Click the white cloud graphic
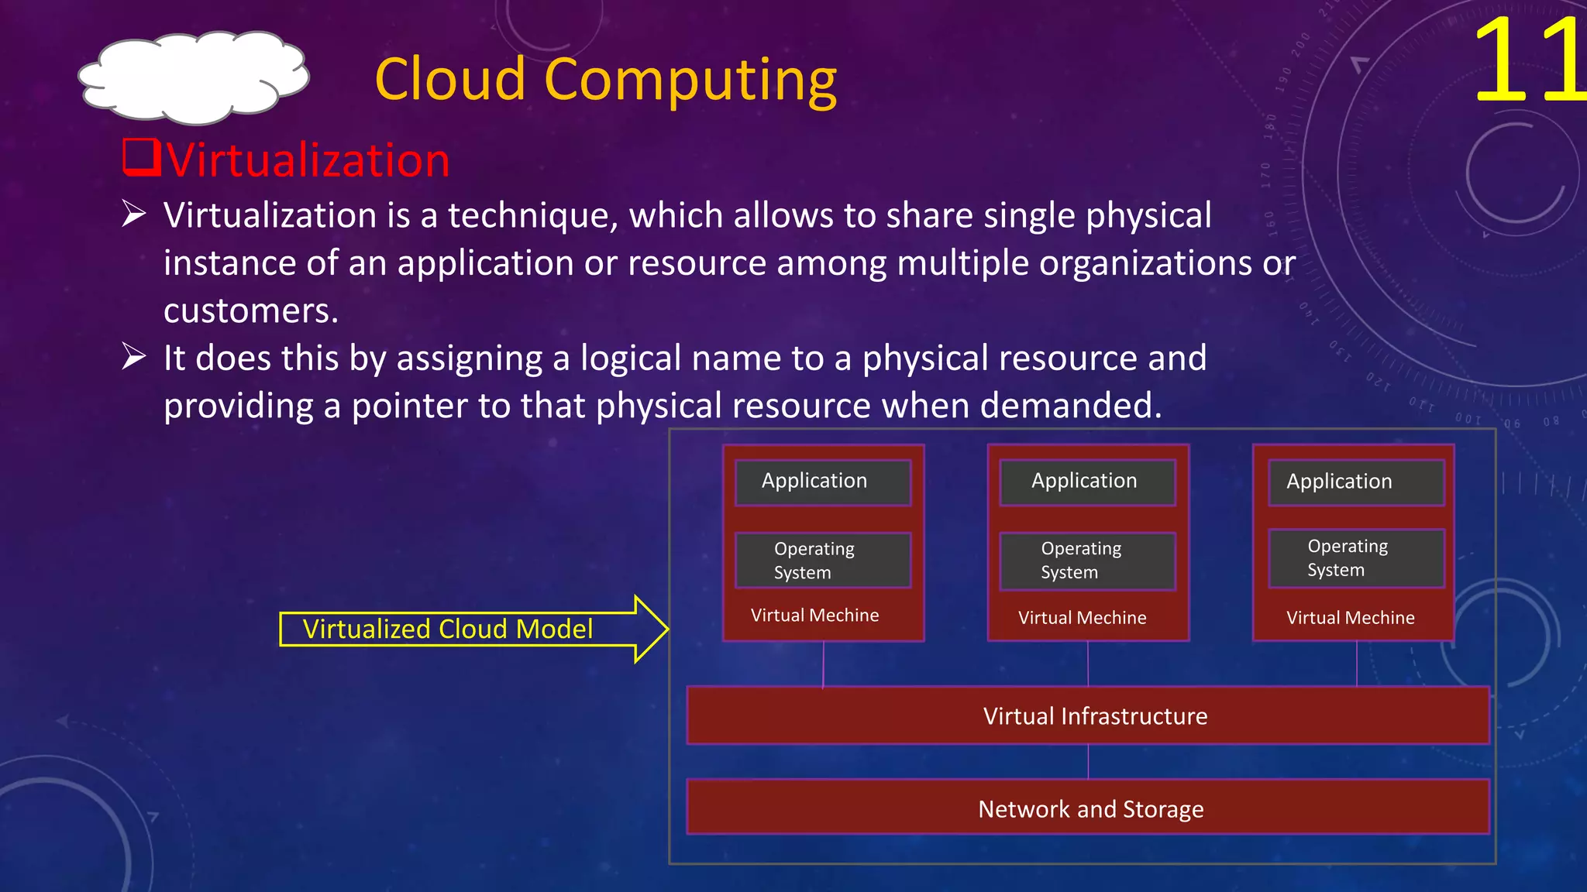[x=194, y=77]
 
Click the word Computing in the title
[x=690, y=80]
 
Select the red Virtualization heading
[x=308, y=160]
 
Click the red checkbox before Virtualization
[x=142, y=157]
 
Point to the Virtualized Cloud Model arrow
[x=473, y=629]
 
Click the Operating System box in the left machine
[x=823, y=560]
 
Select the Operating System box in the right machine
[x=1356, y=558]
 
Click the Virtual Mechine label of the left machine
[x=814, y=616]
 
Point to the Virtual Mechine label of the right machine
[x=1350, y=618]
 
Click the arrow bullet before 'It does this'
[x=134, y=357]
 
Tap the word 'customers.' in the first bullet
[x=251, y=310]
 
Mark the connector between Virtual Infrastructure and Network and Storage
[x=1088, y=762]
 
